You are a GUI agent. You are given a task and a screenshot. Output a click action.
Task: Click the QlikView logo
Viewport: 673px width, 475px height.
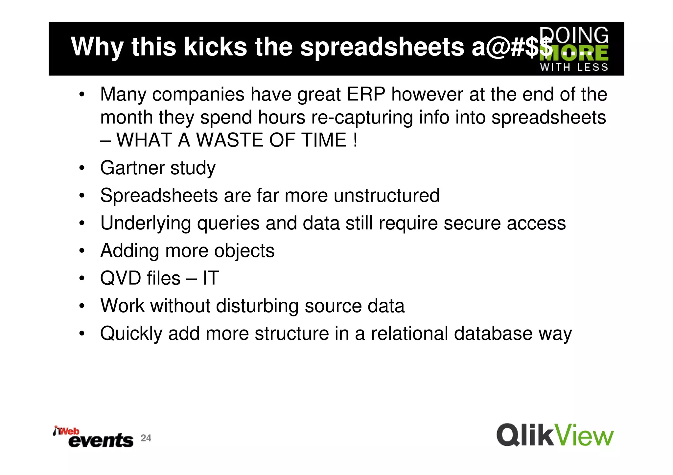click(x=555, y=435)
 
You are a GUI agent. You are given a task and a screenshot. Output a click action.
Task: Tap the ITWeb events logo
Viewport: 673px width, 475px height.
click(x=93, y=437)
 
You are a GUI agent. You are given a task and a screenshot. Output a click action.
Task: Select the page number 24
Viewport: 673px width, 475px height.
click(x=146, y=438)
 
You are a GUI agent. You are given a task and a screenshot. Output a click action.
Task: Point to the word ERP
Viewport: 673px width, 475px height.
click(x=366, y=95)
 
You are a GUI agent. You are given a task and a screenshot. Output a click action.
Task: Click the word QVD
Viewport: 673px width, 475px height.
click(x=120, y=278)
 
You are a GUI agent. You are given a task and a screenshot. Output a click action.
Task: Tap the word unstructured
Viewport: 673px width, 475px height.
click(x=386, y=196)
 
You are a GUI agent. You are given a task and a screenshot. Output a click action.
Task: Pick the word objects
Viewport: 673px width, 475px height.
click(x=244, y=251)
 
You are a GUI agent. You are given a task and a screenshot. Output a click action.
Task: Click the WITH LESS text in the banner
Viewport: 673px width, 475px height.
click(x=574, y=68)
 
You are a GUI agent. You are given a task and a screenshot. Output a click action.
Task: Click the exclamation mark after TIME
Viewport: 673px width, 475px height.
click(x=355, y=140)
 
